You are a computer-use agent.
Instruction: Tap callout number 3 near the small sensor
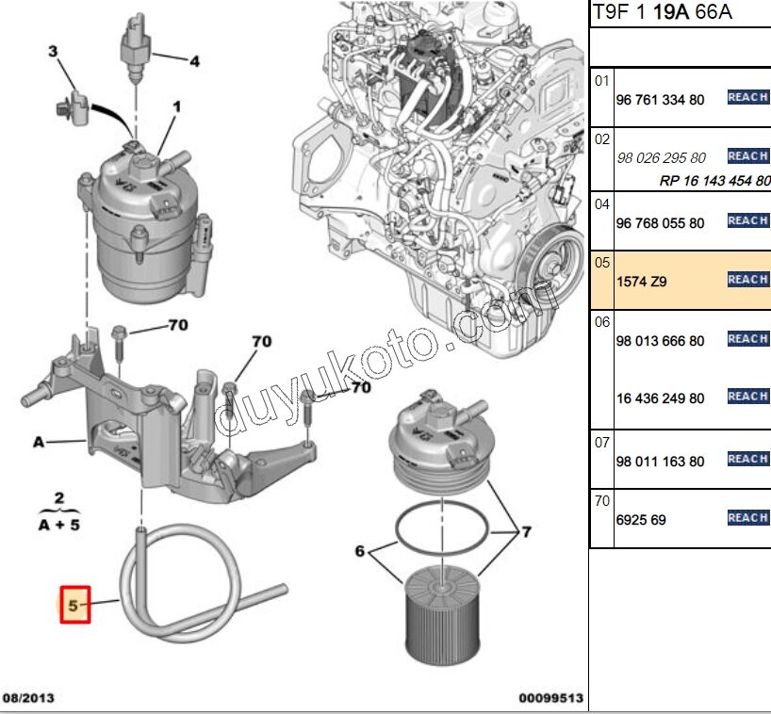point(53,50)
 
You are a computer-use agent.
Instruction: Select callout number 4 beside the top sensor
point(194,62)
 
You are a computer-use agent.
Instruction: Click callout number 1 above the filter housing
point(174,108)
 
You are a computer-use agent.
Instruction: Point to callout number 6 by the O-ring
point(359,551)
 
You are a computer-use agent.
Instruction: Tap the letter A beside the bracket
point(38,440)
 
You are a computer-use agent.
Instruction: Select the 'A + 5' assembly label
point(59,524)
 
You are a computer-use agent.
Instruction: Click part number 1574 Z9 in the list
point(641,281)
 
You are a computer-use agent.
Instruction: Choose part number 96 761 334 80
point(660,99)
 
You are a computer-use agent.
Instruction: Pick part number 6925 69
point(640,519)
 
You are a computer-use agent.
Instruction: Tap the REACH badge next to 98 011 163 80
point(748,459)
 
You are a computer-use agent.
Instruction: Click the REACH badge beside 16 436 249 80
point(748,397)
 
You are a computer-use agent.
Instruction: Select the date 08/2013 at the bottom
point(28,698)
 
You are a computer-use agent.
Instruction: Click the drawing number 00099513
point(550,698)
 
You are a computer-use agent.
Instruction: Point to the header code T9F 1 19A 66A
point(661,12)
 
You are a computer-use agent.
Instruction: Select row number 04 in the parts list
point(603,203)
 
